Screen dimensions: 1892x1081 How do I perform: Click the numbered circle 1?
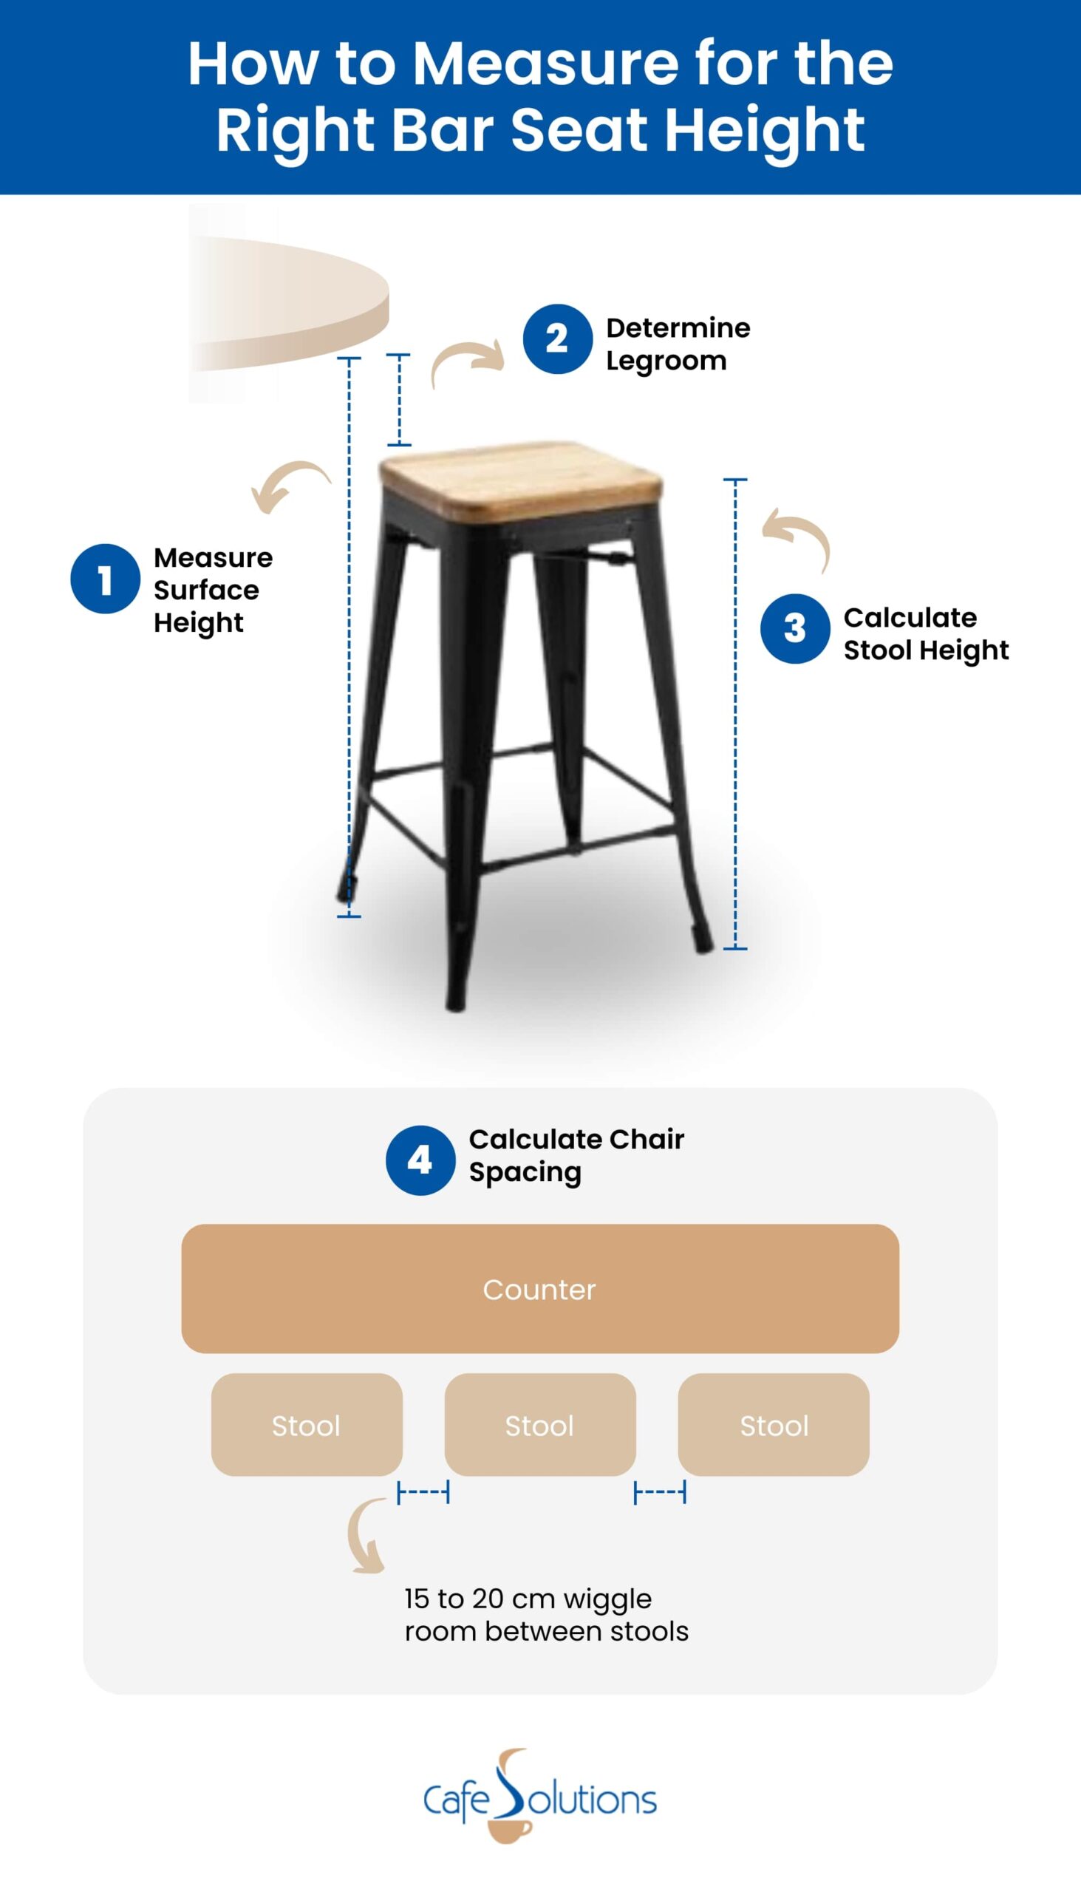[105, 579]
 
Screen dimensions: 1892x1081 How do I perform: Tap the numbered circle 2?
[557, 338]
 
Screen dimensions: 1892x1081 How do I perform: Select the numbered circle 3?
[794, 628]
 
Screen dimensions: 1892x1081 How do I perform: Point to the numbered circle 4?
[420, 1160]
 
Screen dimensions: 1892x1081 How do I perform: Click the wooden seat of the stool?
[519, 477]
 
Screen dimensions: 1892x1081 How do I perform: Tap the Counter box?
[539, 1289]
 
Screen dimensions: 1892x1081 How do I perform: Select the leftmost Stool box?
[307, 1425]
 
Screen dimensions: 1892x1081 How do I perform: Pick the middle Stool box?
[539, 1425]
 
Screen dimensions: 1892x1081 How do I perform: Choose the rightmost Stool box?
[773, 1425]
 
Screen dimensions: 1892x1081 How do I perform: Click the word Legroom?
[666, 361]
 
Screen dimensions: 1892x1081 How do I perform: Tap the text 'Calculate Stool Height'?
[925, 633]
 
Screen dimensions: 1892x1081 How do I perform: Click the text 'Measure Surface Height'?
[212, 590]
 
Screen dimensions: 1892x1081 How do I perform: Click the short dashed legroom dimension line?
[399, 400]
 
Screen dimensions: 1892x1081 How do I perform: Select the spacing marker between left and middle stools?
[423, 1491]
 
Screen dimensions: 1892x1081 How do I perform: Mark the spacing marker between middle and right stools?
[659, 1491]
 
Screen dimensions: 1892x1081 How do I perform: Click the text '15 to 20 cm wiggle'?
[528, 1598]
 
